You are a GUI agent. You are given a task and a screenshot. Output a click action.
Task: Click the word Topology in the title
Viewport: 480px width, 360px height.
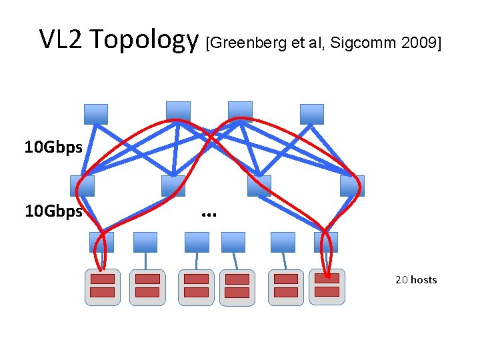[144, 41]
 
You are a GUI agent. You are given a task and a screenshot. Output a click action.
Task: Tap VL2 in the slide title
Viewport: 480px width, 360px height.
[61, 40]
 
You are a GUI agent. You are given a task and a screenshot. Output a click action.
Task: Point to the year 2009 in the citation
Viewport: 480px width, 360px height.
[419, 43]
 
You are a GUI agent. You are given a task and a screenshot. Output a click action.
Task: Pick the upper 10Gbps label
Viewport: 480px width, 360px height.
[53, 147]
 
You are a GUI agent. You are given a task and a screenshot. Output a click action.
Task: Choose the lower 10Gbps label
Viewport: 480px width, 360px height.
[53, 211]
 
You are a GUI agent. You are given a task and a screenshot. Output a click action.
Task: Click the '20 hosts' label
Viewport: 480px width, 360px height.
[416, 279]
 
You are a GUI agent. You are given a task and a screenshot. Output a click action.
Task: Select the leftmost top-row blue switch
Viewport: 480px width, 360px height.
[96, 114]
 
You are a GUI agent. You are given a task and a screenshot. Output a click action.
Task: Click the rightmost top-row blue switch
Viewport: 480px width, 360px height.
[311, 114]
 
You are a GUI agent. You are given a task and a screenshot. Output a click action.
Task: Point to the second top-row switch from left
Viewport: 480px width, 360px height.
[178, 111]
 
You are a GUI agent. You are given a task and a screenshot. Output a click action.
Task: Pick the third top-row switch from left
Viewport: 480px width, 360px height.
[240, 111]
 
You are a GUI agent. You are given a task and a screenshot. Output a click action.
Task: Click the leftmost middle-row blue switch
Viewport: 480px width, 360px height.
[82, 186]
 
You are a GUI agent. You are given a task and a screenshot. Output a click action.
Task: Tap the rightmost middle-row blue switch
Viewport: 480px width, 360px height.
[352, 186]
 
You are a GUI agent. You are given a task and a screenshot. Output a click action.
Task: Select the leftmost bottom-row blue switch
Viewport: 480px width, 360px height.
[101, 242]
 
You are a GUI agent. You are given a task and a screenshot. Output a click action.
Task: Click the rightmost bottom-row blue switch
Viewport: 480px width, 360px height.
[326, 242]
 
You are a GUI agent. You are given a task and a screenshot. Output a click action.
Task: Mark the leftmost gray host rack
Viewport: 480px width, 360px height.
[103, 287]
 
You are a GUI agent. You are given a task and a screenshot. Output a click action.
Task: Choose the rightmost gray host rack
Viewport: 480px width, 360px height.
[327, 287]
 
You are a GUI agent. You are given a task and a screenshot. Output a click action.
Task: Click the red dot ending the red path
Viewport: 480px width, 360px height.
[328, 276]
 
